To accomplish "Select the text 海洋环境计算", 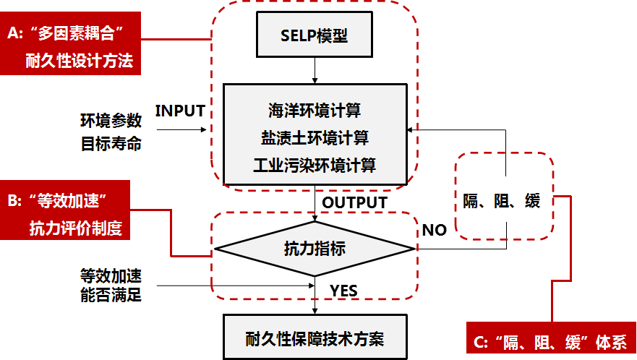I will tap(315, 111).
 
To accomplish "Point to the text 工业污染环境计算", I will tap(315, 165).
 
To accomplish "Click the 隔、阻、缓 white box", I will tap(502, 200).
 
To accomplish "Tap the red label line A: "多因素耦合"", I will tap(70, 33).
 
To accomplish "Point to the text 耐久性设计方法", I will tap(79, 61).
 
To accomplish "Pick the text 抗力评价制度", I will tap(75, 229).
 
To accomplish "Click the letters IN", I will tap(164, 111).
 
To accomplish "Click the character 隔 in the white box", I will tap(471, 201).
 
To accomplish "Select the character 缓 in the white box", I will tap(533, 201).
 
